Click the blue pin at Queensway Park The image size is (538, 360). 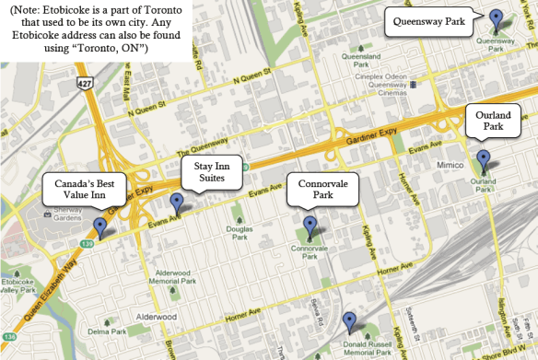497,19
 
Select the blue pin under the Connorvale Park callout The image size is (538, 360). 310,226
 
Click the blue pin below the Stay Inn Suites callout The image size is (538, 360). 177,203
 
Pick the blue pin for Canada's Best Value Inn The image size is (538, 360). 100,226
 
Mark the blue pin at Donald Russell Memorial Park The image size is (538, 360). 349,322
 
